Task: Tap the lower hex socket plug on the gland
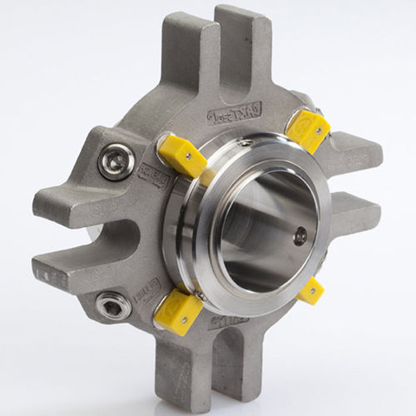[x=111, y=306]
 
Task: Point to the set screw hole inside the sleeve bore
[x=300, y=235]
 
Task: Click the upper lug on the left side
[x=71, y=191]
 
